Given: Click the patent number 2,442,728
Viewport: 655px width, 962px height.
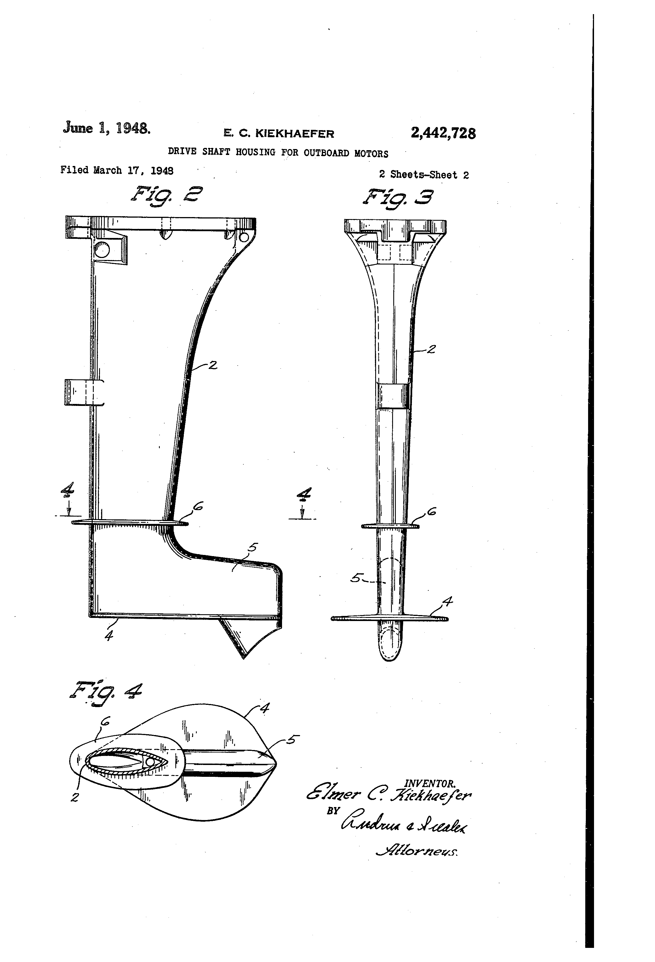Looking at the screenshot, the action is (443, 133).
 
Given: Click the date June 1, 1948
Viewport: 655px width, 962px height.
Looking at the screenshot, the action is (106, 128).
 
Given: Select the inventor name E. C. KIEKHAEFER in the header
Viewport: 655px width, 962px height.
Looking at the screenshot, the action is (279, 133).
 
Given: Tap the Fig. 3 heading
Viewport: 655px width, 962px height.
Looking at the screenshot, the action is (398, 197).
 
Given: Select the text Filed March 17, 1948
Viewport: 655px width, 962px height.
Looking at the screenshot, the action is (117, 170).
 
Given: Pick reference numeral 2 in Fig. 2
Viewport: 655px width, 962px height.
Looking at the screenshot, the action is (213, 365).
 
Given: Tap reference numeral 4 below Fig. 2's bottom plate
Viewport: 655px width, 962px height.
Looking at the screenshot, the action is (109, 635).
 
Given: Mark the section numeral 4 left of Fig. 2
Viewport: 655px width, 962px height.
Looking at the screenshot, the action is (67, 491).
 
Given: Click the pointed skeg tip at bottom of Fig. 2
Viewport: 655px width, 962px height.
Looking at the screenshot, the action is (243, 657).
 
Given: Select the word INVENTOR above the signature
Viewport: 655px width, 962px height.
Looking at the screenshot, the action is (430, 784).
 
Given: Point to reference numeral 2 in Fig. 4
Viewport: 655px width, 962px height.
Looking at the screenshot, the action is (75, 797).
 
